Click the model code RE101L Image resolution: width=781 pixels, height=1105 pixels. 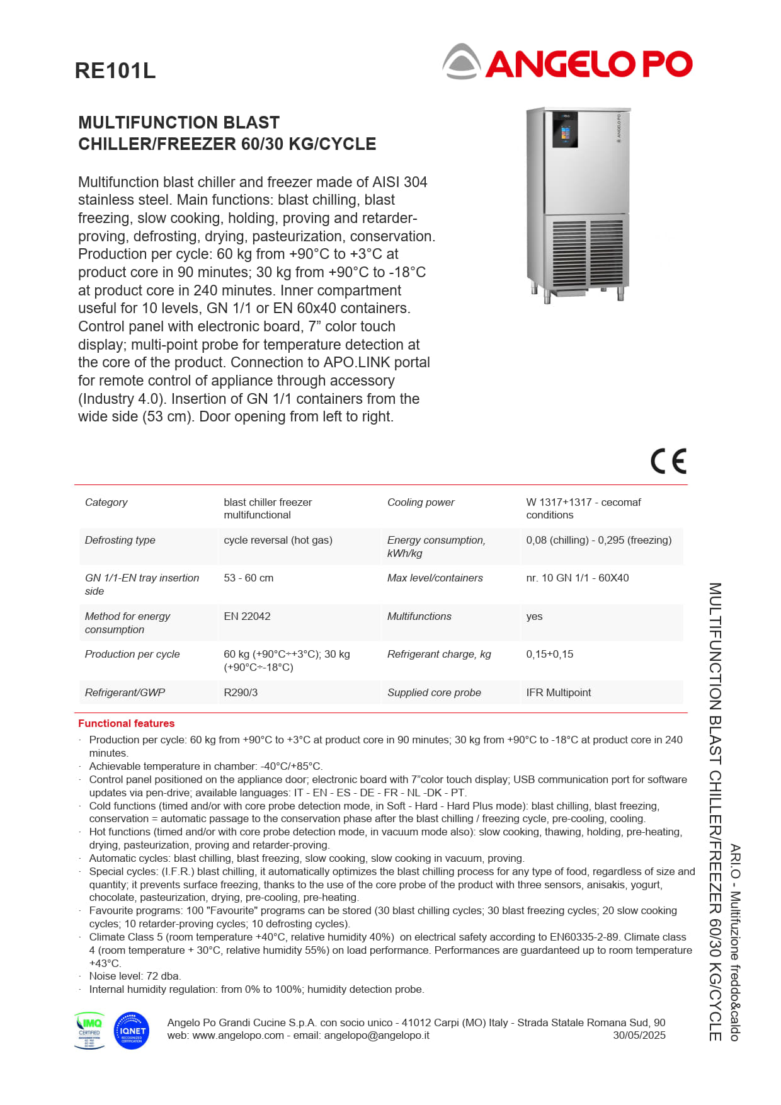point(115,71)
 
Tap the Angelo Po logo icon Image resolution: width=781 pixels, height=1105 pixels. point(462,62)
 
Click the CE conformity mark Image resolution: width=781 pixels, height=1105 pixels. point(668,461)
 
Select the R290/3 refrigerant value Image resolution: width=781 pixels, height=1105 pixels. point(241,692)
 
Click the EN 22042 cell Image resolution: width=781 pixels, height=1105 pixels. point(247,616)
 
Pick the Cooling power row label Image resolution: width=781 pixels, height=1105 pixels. point(420,502)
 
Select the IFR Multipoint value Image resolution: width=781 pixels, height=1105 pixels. point(558,692)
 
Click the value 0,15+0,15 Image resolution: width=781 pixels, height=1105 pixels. point(549,654)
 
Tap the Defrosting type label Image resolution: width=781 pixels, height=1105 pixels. point(120,540)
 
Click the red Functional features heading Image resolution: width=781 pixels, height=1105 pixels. point(126,723)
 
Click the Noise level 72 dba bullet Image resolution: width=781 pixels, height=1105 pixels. point(134,976)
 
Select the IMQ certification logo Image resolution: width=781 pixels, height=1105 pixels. point(89,1031)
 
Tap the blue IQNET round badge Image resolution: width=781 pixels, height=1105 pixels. point(132,1031)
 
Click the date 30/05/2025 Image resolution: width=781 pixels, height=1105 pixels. point(639,1035)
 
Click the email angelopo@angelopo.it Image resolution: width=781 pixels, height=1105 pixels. point(376,1035)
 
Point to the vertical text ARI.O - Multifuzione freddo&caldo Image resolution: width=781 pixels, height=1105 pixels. point(735,942)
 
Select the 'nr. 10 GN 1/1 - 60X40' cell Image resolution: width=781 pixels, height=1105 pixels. point(577,578)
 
